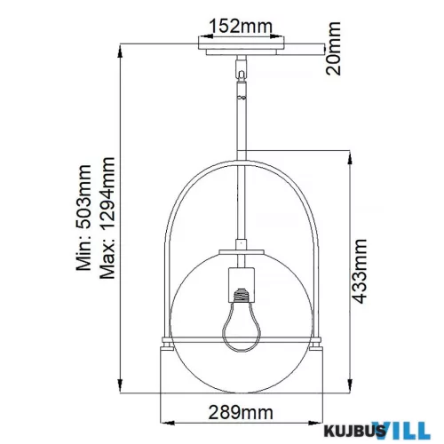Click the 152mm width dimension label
pos(241,26)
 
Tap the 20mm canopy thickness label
pos(333,48)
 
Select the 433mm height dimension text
pos(360,272)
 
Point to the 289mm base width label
pos(241,412)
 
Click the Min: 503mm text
pos(83,218)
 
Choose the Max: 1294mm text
pos(107,218)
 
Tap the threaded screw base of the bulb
pos(242,295)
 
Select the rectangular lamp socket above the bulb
pos(242,284)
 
